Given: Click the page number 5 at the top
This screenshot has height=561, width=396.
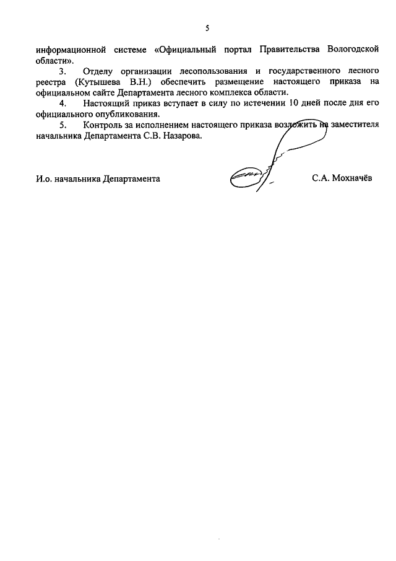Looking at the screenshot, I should click(x=209, y=27).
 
